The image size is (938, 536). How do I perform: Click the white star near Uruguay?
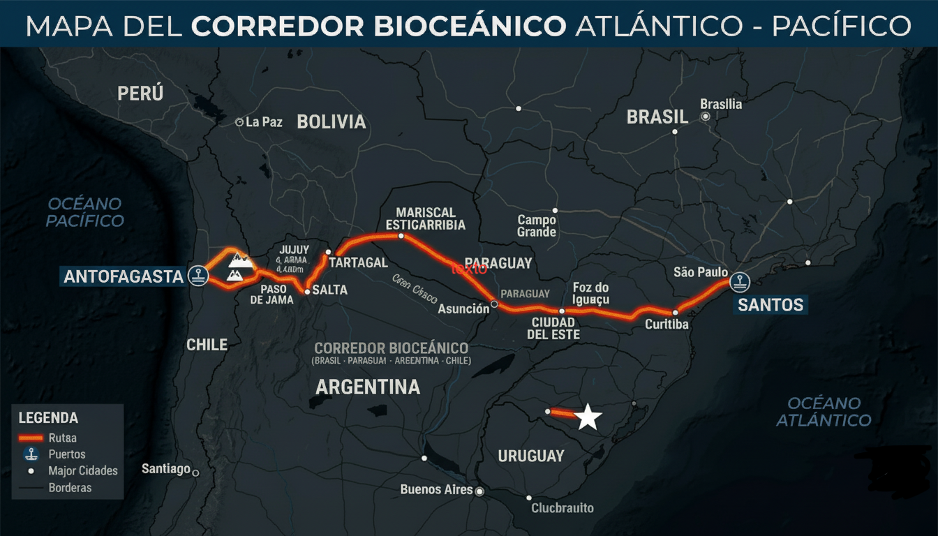click(588, 417)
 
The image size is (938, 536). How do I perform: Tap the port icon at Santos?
click(739, 282)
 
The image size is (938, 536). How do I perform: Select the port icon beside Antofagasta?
click(200, 276)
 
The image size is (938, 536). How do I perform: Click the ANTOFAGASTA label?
click(124, 276)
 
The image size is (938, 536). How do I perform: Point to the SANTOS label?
click(770, 305)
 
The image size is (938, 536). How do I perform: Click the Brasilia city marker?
click(706, 117)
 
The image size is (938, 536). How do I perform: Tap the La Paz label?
click(264, 122)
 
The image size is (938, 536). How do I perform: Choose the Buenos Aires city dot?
click(479, 491)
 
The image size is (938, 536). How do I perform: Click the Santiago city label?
click(166, 468)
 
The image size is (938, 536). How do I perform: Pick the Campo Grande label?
click(537, 225)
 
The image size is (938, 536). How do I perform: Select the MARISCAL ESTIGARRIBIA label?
click(426, 218)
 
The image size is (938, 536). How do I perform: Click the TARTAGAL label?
click(358, 262)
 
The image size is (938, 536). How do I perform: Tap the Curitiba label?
click(667, 325)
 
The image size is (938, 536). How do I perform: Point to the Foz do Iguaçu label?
click(590, 294)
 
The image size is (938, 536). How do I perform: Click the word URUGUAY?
click(530, 456)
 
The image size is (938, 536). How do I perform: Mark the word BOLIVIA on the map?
click(331, 122)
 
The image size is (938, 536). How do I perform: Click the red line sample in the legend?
click(30, 438)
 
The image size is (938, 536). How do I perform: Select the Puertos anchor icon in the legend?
click(30, 454)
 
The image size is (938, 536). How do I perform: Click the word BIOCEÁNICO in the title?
click(469, 26)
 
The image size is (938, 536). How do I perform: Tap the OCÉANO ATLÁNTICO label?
click(824, 412)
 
